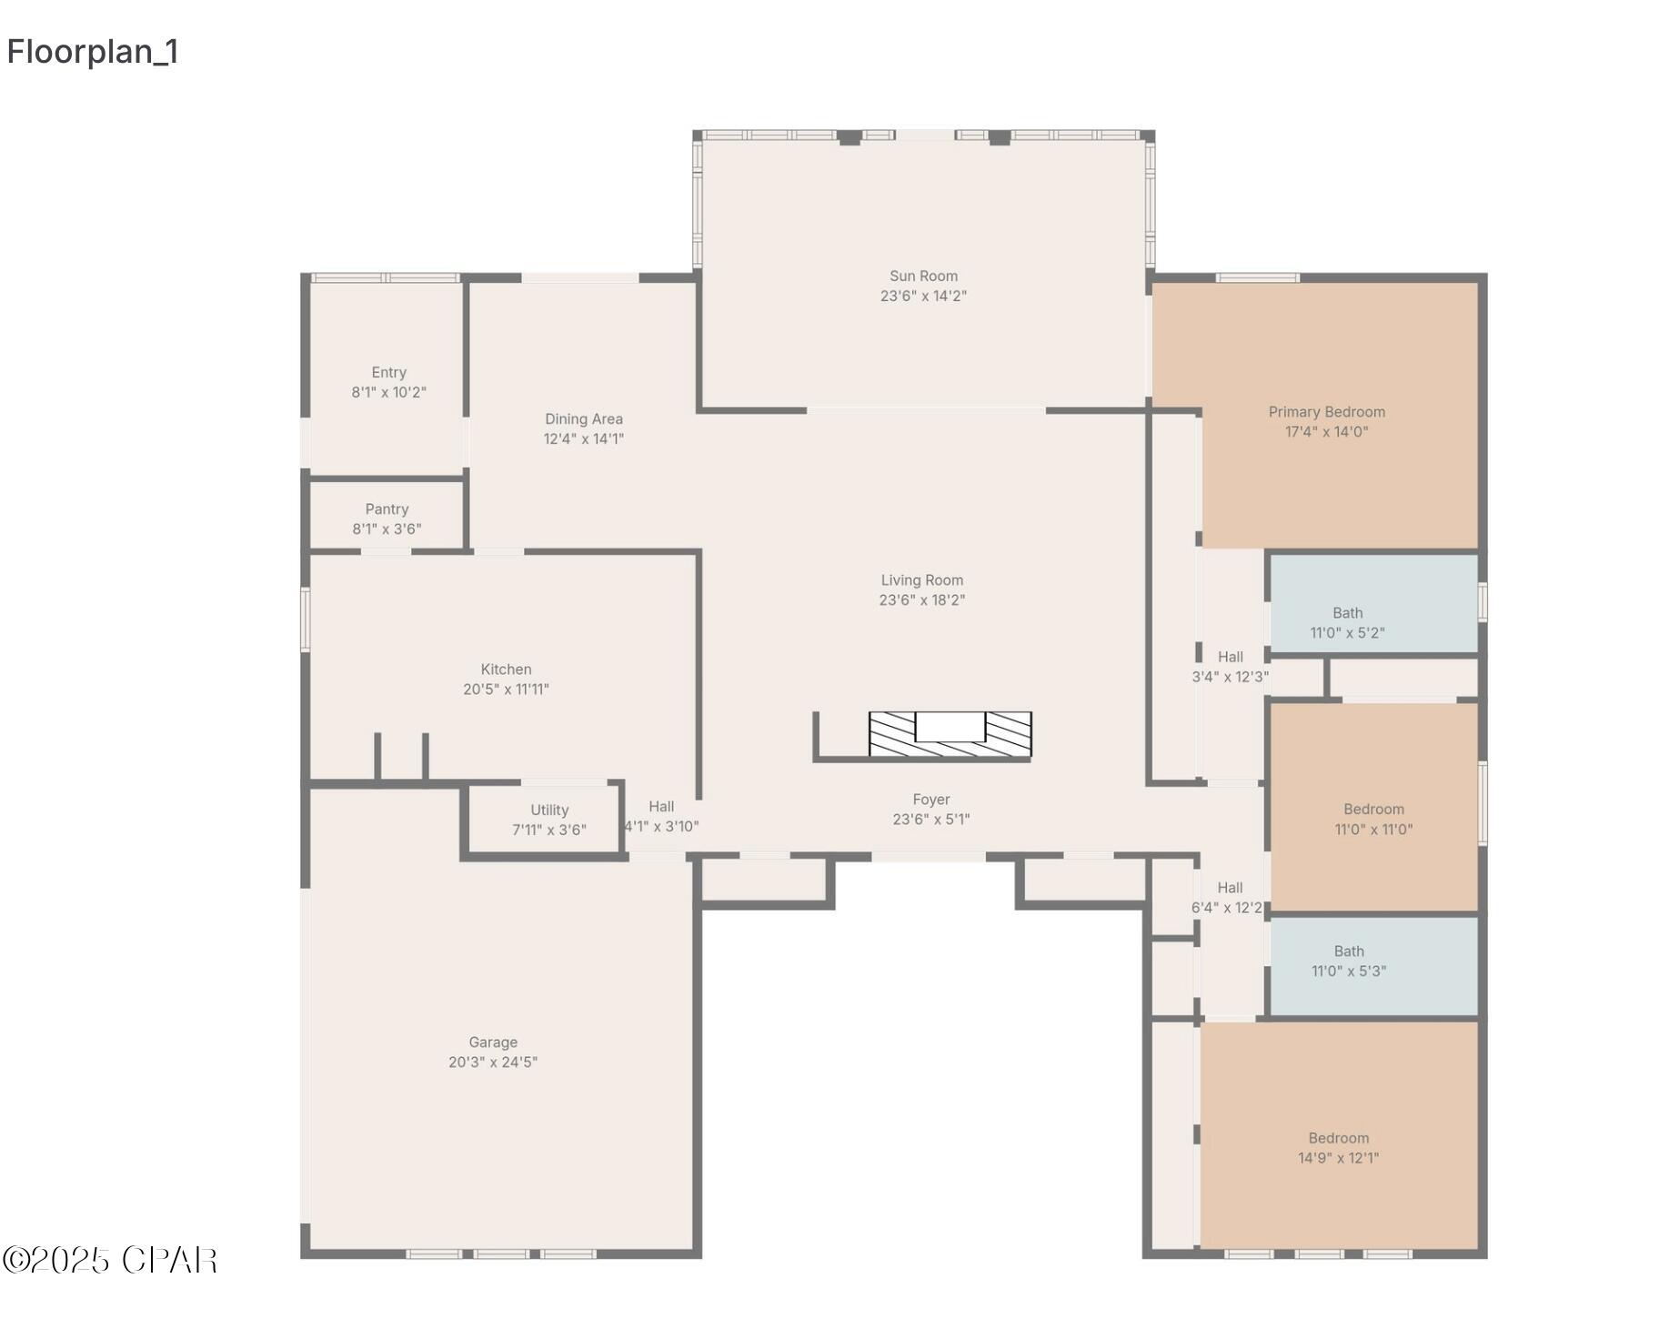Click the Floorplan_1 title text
[x=93, y=52]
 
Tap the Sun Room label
[x=922, y=276]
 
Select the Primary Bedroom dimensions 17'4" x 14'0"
[x=1325, y=432]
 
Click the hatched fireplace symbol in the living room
[x=950, y=734]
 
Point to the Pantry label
[x=387, y=509]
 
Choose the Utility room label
[x=548, y=810]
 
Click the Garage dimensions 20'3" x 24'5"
[x=492, y=1062]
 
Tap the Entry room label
[x=388, y=372]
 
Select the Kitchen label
[x=506, y=669]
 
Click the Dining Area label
[x=583, y=418]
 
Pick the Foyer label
[x=930, y=800]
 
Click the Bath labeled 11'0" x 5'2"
[x=1346, y=623]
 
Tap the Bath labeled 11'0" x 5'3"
[x=1348, y=962]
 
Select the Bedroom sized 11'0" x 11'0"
[x=1372, y=819]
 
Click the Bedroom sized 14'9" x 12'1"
[x=1337, y=1148]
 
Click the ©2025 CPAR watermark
[x=109, y=1260]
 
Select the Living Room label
[x=921, y=580]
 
